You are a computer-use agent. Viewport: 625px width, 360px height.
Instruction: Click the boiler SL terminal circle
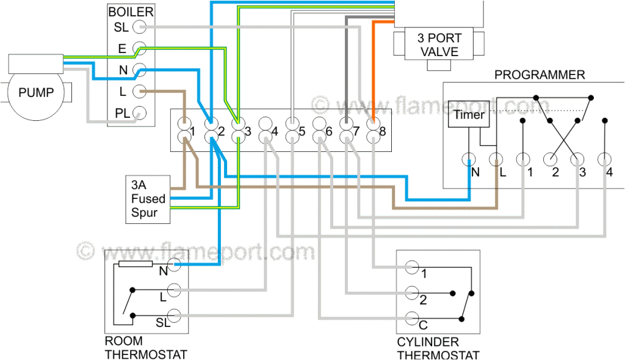(140, 27)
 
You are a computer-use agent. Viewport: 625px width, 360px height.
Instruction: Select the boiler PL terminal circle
(140, 113)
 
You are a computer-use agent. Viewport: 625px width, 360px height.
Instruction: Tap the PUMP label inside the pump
(36, 93)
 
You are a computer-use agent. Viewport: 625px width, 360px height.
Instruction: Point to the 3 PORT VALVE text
(438, 45)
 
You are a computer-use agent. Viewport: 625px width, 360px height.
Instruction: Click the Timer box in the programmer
(469, 115)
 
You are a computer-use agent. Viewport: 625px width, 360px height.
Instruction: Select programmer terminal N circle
(469, 160)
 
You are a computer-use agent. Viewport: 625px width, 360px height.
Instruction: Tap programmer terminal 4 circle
(604, 160)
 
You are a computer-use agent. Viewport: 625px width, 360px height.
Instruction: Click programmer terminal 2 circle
(551, 160)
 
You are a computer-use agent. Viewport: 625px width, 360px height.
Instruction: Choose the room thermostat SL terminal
(175, 315)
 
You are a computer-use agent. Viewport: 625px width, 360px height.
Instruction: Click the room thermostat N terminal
(175, 264)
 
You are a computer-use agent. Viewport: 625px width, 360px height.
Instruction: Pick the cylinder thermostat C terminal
(412, 317)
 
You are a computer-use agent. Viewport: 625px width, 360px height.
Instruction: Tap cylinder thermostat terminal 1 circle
(412, 267)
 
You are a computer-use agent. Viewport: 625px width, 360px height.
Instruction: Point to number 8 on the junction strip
(382, 131)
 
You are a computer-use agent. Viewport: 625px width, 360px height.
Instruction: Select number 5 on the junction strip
(302, 131)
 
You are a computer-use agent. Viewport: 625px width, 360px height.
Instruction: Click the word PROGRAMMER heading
(539, 75)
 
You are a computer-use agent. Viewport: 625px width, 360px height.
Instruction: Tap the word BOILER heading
(131, 12)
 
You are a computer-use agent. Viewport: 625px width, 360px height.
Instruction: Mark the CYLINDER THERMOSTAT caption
(438, 348)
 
